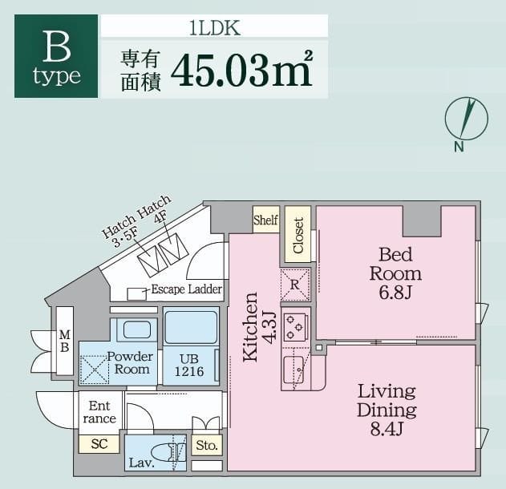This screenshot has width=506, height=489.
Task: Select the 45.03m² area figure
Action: tap(241, 70)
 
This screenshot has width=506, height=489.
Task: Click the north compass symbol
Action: tap(466, 119)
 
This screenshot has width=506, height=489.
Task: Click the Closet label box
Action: tap(298, 235)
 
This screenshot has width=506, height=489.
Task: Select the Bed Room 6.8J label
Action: tap(395, 273)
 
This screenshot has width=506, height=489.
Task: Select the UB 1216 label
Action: tap(189, 366)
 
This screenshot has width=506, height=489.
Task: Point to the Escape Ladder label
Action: tap(186, 289)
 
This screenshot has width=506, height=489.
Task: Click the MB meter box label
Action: tap(64, 341)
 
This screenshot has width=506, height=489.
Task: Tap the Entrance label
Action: tap(99, 413)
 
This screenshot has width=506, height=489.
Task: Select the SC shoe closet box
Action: tap(99, 443)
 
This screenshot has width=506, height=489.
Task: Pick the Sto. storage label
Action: tap(207, 445)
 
